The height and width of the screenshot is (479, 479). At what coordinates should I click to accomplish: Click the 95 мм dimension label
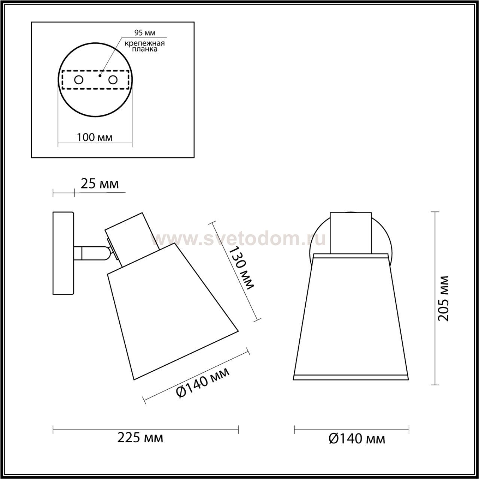(x=145, y=33)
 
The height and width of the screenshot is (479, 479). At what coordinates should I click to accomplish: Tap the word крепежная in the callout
(x=145, y=43)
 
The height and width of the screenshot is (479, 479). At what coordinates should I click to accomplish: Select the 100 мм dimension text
(x=95, y=137)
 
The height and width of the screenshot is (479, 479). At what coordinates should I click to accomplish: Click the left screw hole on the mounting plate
(x=79, y=80)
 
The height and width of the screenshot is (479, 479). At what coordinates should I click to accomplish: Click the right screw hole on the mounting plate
(x=113, y=80)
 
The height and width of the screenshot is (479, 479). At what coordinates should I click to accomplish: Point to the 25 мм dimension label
(x=100, y=184)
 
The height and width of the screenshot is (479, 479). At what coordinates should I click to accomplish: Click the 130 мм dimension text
(x=241, y=268)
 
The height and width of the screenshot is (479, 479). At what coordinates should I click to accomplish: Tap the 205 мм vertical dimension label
(x=443, y=298)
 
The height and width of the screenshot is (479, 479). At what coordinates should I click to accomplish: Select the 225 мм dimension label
(x=140, y=445)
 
